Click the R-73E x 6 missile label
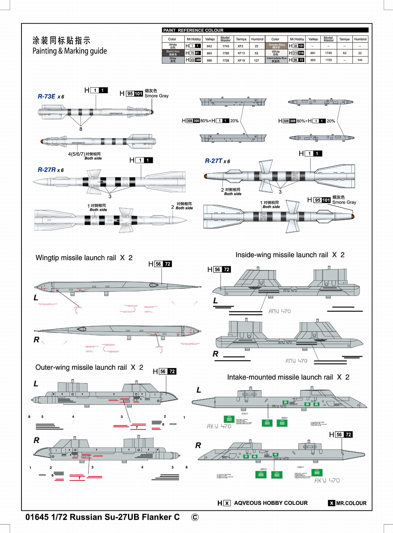[x=51, y=97]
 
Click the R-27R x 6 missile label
[x=50, y=170]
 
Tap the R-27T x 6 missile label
[x=217, y=161]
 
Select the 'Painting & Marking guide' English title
[x=69, y=51]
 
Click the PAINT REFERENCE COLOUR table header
[x=193, y=30]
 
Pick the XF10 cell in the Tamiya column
[x=241, y=53]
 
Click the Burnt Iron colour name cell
[x=173, y=53]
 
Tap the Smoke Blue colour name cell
[x=276, y=46]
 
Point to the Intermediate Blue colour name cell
[x=276, y=60]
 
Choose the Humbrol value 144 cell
[x=360, y=60]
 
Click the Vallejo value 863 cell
[x=210, y=53]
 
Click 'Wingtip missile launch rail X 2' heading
[x=84, y=258]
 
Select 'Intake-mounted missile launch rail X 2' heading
[x=288, y=377]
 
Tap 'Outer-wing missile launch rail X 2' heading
[x=89, y=367]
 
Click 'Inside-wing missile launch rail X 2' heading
[x=290, y=255]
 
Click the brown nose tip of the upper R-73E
[x=152, y=112]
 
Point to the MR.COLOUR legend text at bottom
[x=351, y=503]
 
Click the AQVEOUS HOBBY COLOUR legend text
[x=271, y=503]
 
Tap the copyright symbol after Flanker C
[x=195, y=517]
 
